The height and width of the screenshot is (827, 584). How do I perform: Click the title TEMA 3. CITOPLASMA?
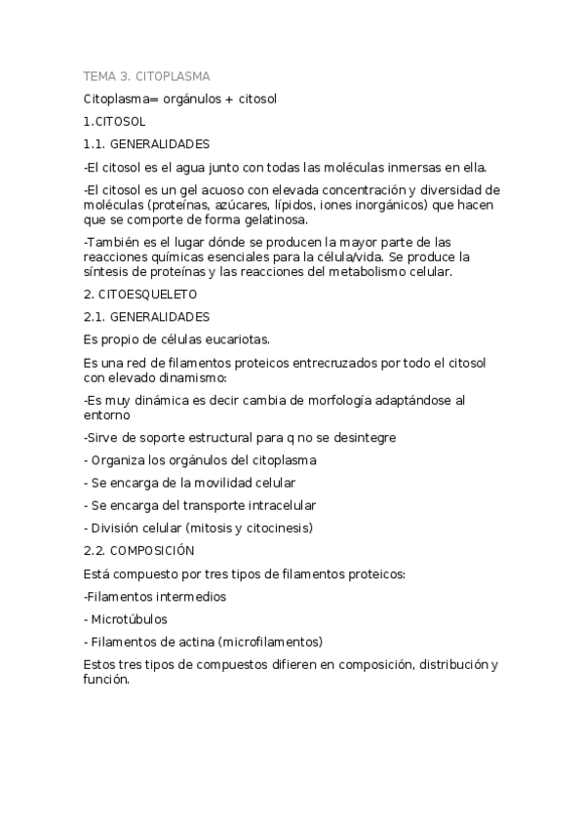146,76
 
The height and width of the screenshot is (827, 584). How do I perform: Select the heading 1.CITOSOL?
114,122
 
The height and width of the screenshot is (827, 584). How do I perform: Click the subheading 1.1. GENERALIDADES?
146,144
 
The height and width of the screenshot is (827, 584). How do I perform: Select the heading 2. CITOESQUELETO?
140,295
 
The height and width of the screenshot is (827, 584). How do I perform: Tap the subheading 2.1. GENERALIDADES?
146,317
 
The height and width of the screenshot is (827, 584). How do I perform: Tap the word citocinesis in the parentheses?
275,529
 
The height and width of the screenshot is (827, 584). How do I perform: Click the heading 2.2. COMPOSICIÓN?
146,551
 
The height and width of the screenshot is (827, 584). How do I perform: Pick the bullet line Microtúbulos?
129,619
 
